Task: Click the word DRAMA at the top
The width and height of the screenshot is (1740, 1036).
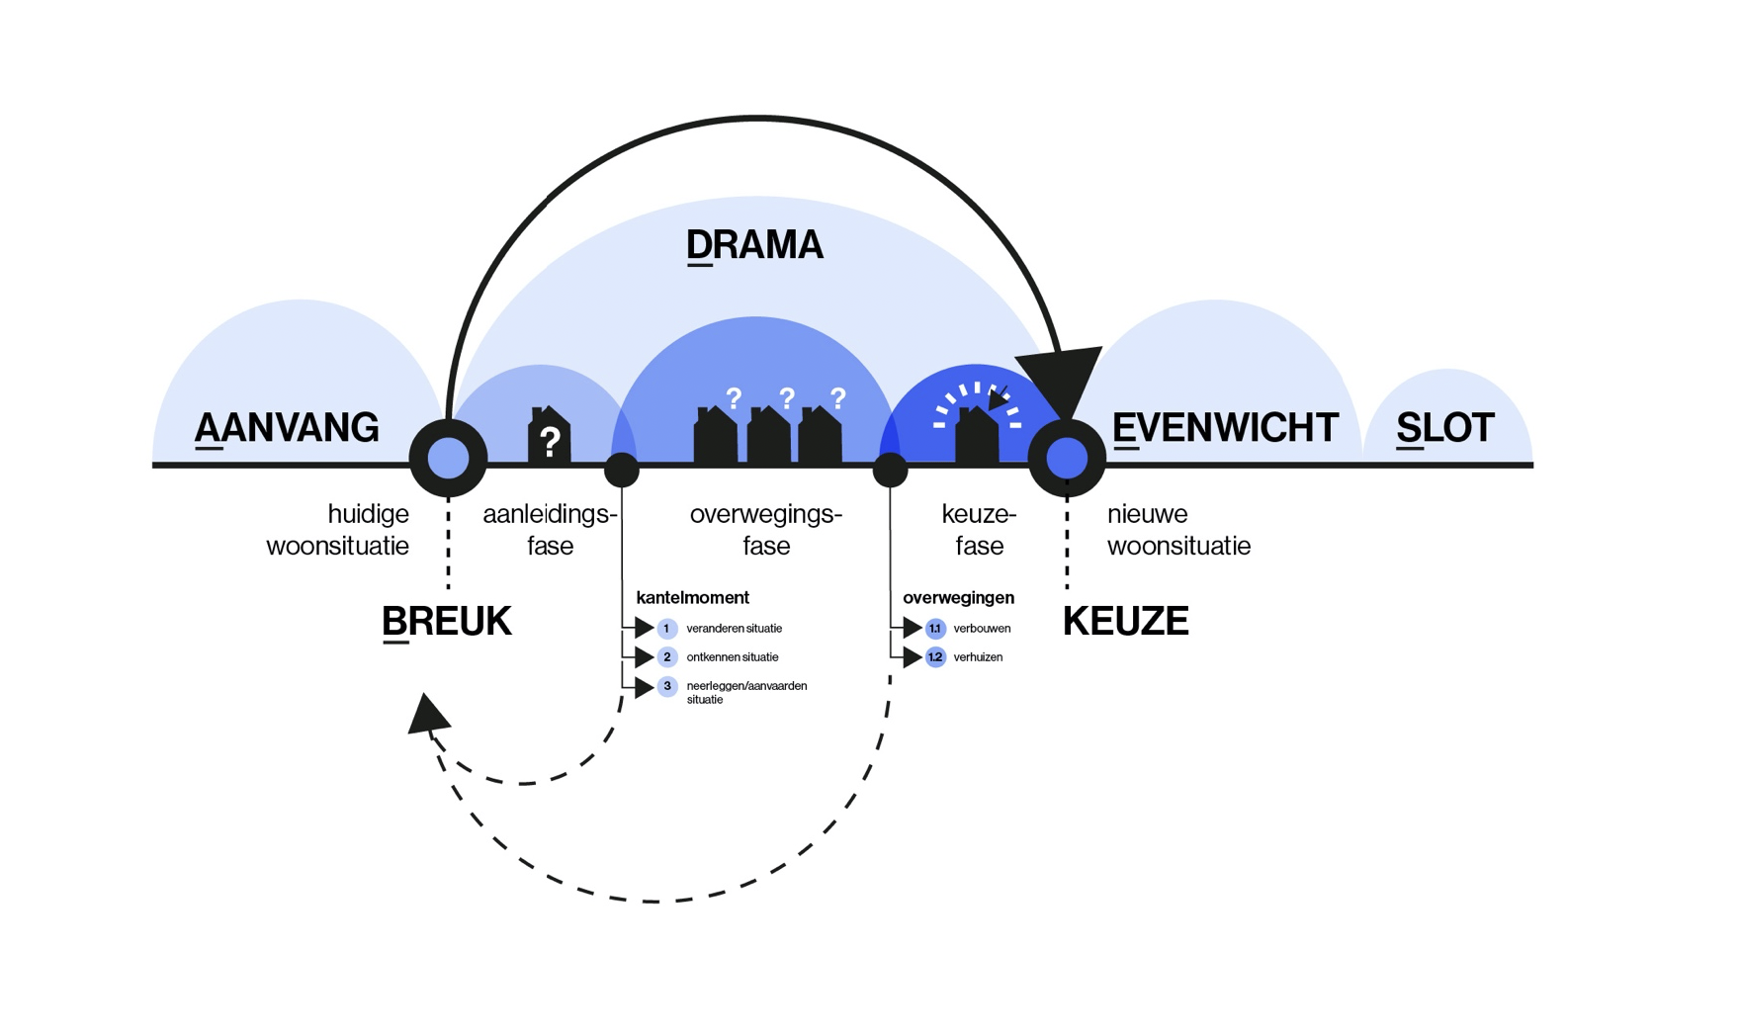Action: (x=754, y=245)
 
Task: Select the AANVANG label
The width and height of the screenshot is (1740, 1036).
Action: (x=287, y=428)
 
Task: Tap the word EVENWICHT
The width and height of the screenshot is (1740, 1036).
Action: (x=1225, y=428)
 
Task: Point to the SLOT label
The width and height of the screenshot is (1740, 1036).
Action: (x=1444, y=428)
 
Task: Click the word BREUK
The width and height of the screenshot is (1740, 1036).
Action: (x=447, y=622)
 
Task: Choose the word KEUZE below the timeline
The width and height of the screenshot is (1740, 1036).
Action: (x=1125, y=622)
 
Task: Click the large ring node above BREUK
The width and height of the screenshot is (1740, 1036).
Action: (x=448, y=459)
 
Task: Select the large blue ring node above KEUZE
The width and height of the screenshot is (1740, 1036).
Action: (x=1067, y=459)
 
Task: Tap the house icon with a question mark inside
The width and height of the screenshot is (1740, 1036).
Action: (x=550, y=435)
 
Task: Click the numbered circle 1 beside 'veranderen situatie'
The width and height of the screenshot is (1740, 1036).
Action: (x=667, y=629)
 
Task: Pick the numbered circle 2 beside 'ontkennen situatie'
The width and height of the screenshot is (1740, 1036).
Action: (x=667, y=657)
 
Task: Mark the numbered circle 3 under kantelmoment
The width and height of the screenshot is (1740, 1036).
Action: (x=667, y=686)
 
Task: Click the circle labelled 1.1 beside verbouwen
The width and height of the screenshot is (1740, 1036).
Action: (x=935, y=629)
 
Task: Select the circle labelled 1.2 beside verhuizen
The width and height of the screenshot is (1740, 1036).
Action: (x=935, y=657)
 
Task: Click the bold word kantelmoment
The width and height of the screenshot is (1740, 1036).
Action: (x=692, y=598)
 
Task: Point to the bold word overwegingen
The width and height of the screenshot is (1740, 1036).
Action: (x=958, y=598)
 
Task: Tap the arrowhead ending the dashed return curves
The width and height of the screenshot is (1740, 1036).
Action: (x=427, y=714)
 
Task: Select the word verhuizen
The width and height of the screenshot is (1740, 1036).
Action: (x=978, y=657)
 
